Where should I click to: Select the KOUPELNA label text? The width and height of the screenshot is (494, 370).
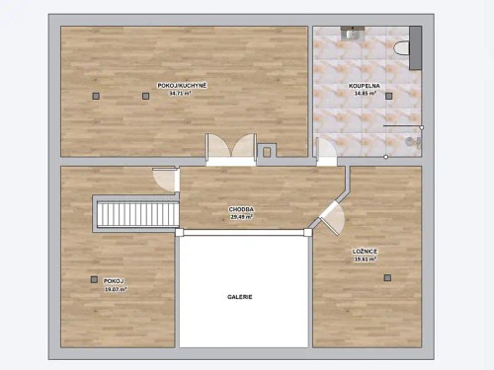[x=364, y=86]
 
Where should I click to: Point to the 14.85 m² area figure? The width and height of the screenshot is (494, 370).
[x=364, y=93]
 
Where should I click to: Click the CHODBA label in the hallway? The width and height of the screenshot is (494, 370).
[x=242, y=209]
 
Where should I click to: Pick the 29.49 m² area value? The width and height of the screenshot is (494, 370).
[x=242, y=216]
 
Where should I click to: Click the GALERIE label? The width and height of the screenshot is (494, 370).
[x=240, y=296]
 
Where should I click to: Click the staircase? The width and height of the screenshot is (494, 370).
[x=136, y=213]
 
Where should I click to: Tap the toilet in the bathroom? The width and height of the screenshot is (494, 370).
[x=400, y=47]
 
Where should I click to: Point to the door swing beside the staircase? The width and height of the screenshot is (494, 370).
[x=164, y=178]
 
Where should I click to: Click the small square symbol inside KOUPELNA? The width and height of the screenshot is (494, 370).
[x=389, y=96]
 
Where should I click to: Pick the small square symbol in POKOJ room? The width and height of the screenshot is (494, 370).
[x=94, y=280]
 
